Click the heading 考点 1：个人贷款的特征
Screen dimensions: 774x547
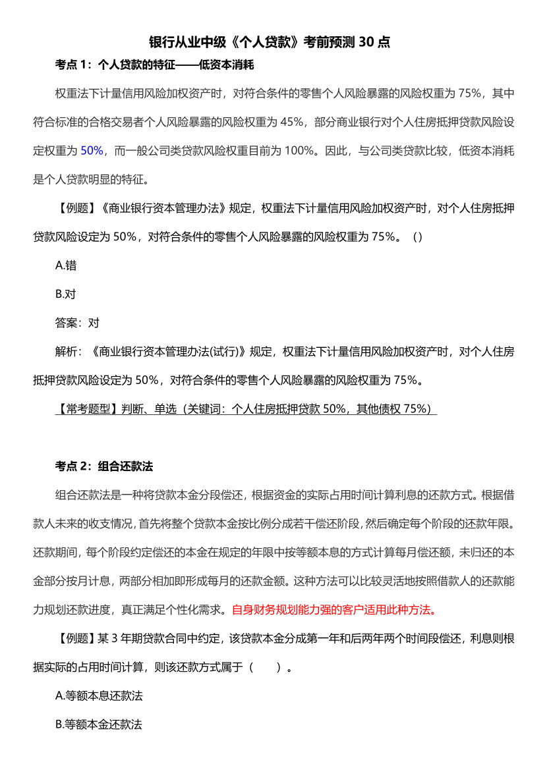(154, 65)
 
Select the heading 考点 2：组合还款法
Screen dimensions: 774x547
(104, 466)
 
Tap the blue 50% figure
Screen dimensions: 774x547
(92, 150)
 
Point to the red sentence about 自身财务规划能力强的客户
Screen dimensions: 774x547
(333, 609)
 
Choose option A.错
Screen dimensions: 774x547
(66, 265)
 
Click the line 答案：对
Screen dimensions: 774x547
(77, 323)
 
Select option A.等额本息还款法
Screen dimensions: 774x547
(99, 696)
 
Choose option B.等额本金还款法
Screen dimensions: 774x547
(99, 724)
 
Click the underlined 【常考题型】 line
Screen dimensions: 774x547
(245, 409)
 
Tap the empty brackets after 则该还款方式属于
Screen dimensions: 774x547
(270, 667)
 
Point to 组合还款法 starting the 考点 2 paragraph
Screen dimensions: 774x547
(82, 495)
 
